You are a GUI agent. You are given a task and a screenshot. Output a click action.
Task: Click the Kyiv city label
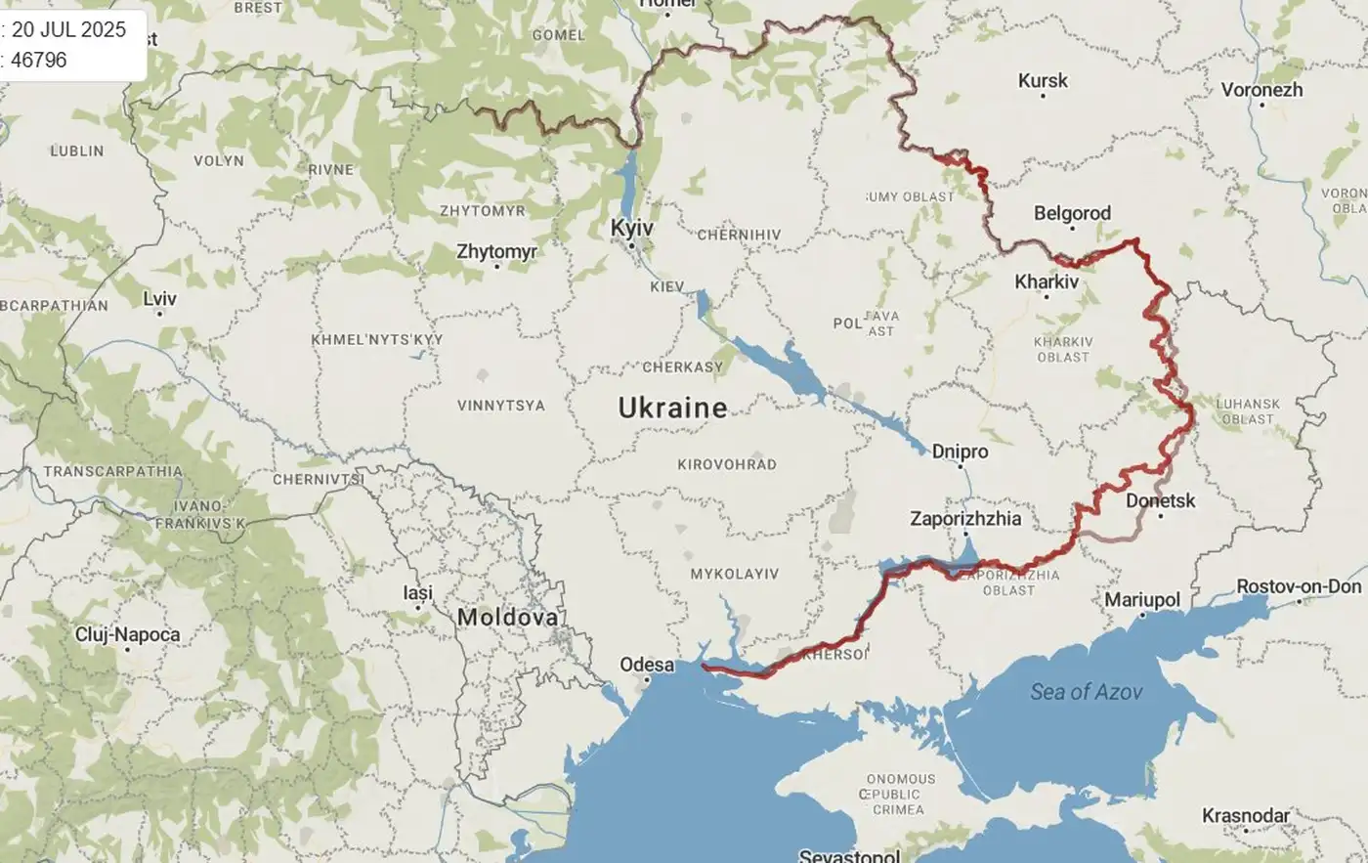[x=631, y=227]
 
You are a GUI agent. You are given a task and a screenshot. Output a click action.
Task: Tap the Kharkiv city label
[x=1047, y=281]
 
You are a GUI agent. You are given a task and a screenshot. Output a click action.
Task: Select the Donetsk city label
[x=1160, y=500]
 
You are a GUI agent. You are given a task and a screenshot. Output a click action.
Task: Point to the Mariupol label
[x=1142, y=599]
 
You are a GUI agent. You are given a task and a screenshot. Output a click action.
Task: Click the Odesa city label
[x=647, y=665]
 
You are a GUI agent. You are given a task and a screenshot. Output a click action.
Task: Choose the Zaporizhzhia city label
[x=965, y=519]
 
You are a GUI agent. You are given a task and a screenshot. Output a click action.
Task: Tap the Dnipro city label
[x=960, y=452]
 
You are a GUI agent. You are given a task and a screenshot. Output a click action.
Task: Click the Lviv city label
[x=159, y=297]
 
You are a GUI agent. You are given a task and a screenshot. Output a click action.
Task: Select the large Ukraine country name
[x=672, y=408]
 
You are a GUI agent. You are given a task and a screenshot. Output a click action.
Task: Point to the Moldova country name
[x=508, y=617]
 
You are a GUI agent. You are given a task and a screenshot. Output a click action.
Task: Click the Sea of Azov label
[x=1086, y=692]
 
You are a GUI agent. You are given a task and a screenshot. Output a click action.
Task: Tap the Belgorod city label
[x=1072, y=213]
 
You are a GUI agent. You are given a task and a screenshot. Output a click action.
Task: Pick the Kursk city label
[x=1043, y=81]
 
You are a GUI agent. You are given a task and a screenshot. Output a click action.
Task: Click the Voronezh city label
[x=1261, y=90]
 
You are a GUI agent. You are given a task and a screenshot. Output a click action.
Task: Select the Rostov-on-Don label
[x=1299, y=586]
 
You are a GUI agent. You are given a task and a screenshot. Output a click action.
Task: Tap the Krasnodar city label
[x=1245, y=815]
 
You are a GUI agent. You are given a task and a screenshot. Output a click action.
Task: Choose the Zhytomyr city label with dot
[x=496, y=251]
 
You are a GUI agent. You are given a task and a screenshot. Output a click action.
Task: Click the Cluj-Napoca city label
[x=127, y=634]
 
